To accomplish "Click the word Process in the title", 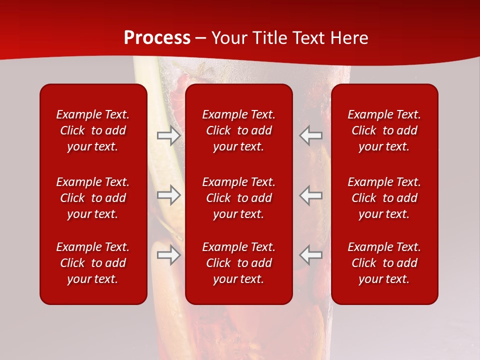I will pyautogui.click(x=157, y=37).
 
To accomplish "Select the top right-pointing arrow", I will pyautogui.click(x=168, y=135).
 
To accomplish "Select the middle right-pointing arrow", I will pyautogui.click(x=168, y=195).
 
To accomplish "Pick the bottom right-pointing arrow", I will pyautogui.click(x=168, y=254).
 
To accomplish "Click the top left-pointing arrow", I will pyautogui.click(x=311, y=135).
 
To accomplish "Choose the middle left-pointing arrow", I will pyautogui.click(x=311, y=195).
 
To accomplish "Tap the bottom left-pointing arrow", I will pyautogui.click(x=311, y=254).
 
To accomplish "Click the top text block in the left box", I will pyautogui.click(x=93, y=130).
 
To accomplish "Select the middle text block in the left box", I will pyautogui.click(x=93, y=198).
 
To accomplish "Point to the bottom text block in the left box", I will pyautogui.click(x=93, y=263).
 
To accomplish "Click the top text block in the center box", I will pyautogui.click(x=238, y=130).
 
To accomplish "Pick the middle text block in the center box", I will pyautogui.click(x=238, y=198).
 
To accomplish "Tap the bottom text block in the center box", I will pyautogui.click(x=238, y=263).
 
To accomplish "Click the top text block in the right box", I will pyautogui.click(x=384, y=130).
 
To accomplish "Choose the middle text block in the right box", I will pyautogui.click(x=384, y=198).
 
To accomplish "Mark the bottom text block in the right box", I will pyautogui.click(x=384, y=263).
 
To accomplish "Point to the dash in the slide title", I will pyautogui.click(x=201, y=38).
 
